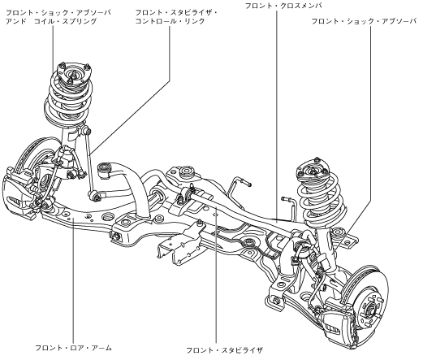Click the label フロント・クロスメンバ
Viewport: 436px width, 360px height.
point(283,6)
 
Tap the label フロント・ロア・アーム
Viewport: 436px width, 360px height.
point(73,348)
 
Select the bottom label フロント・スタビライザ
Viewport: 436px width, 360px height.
point(224,350)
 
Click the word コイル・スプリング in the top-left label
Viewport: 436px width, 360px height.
point(65,21)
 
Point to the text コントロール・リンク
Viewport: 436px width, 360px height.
point(171,21)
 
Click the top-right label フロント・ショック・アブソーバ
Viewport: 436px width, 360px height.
point(364,21)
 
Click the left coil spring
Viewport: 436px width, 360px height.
point(68,98)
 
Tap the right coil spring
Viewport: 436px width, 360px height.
point(322,200)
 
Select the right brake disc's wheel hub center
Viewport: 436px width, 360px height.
point(370,308)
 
